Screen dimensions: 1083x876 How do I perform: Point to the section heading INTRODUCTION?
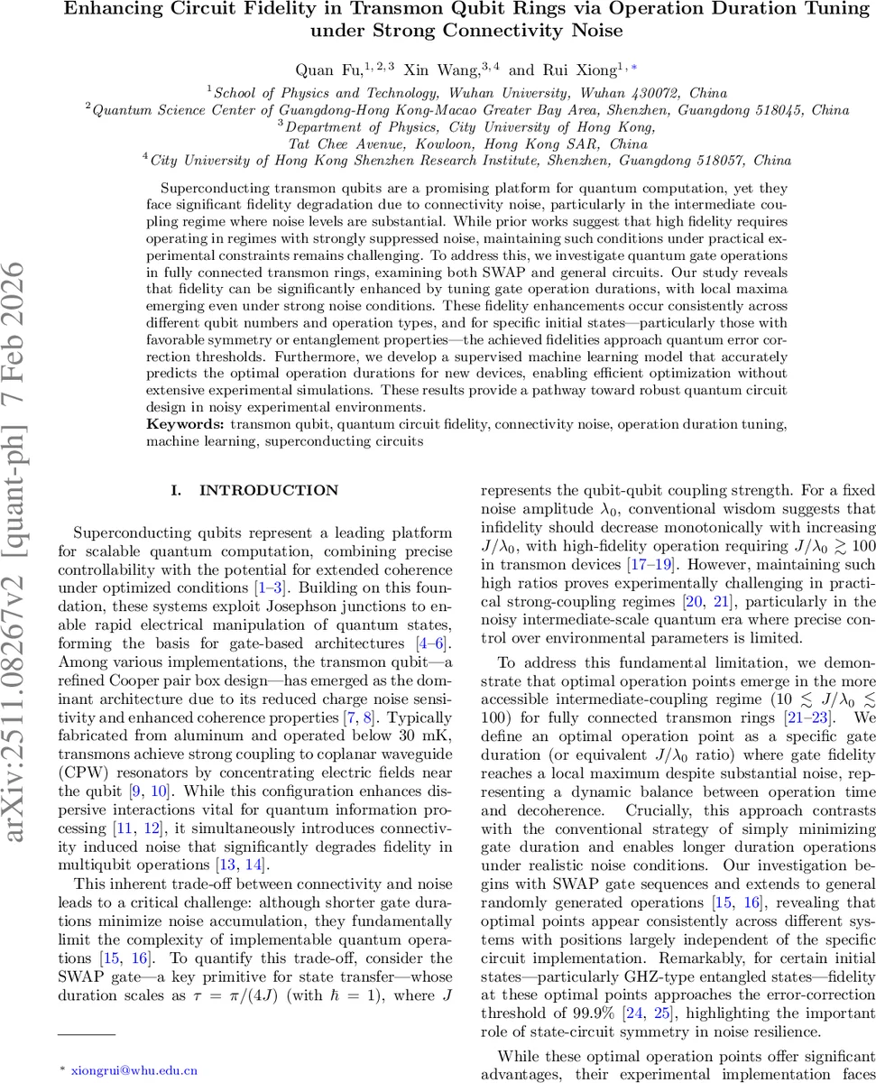(x=268, y=490)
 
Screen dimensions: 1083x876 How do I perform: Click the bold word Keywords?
(x=185, y=422)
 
